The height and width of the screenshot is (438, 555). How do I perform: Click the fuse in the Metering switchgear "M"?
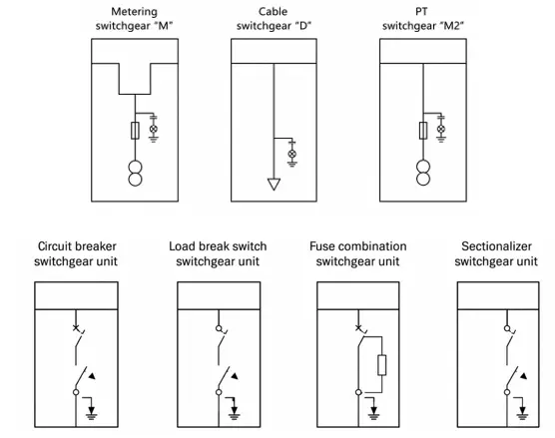coord(135,130)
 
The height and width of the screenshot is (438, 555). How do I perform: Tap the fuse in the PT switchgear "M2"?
coord(423,130)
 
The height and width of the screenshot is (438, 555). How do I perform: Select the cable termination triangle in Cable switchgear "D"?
coord(274,185)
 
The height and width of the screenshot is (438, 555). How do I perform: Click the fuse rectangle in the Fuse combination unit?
coord(381,365)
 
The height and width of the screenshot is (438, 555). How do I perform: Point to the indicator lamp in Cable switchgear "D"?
coord(292,154)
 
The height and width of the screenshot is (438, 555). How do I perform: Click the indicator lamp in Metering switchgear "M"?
coord(154,129)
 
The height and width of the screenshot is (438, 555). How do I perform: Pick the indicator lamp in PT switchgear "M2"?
coord(441,129)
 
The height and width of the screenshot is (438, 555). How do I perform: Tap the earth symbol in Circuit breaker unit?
coord(92,413)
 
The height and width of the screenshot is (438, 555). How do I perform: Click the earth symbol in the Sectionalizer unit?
coord(522,413)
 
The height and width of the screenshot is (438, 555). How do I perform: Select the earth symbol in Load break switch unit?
coord(234,413)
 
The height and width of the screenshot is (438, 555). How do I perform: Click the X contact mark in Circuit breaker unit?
coord(76,328)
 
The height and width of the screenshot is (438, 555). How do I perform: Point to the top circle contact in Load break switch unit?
coord(219,328)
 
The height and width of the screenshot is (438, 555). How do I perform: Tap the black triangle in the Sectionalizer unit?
coord(523,376)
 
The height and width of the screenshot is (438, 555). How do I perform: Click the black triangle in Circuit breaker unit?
coord(92,376)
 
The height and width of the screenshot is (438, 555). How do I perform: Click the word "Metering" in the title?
coord(134,12)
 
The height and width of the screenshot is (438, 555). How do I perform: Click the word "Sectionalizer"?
coord(496,245)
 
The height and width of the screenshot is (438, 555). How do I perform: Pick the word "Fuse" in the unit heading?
coord(321,245)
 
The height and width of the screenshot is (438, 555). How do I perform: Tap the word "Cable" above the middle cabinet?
coord(273,11)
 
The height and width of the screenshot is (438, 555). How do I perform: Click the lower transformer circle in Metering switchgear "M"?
coord(135,179)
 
